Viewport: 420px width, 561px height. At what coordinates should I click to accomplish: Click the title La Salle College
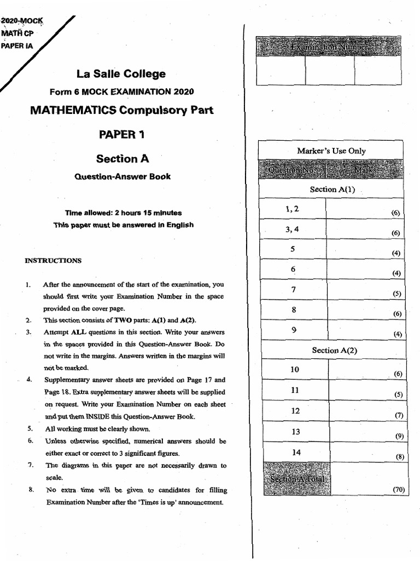(x=122, y=74)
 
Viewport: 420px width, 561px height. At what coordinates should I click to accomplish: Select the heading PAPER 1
(x=122, y=134)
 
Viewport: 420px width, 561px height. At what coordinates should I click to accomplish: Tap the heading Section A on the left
(x=122, y=159)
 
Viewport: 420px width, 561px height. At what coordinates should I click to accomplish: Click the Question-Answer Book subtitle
(x=122, y=176)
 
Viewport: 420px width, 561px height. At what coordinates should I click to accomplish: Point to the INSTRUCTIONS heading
(x=53, y=261)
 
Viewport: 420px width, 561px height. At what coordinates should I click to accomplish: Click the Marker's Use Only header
(x=331, y=151)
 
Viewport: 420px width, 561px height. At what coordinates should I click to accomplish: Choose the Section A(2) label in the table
(x=334, y=350)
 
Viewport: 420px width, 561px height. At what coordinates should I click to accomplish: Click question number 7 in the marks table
(x=294, y=289)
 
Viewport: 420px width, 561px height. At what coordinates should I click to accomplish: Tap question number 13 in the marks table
(x=295, y=432)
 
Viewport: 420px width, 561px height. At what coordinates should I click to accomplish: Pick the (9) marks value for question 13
(x=399, y=436)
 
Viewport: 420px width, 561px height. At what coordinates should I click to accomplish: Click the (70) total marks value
(x=398, y=490)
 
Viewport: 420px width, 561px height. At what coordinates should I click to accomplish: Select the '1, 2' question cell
(x=292, y=209)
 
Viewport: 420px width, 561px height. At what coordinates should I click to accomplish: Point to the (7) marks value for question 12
(x=399, y=415)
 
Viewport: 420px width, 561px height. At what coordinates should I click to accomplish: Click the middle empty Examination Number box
(x=329, y=71)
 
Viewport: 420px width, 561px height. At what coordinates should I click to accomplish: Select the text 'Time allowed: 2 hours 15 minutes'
(x=123, y=213)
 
